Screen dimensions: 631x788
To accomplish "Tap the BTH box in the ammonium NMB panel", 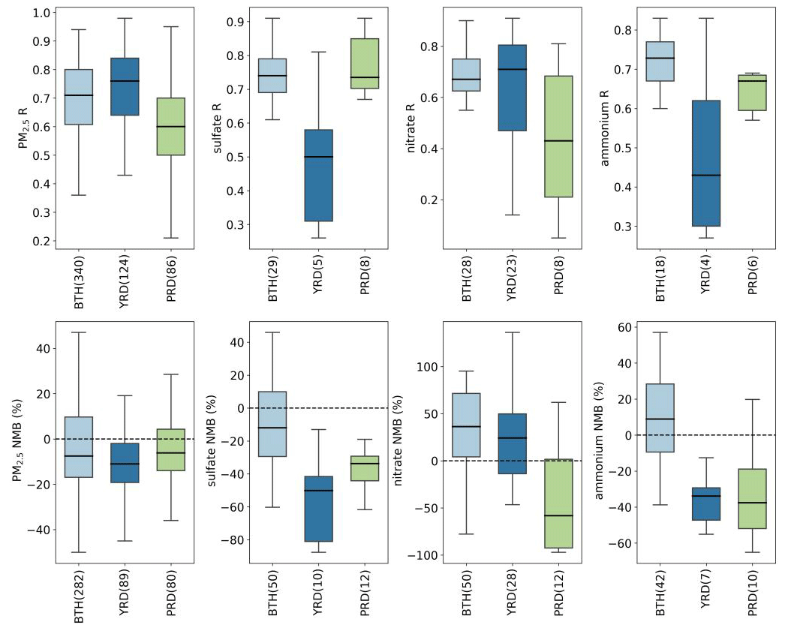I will click(x=660, y=418).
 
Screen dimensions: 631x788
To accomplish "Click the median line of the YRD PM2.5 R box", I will click(x=125, y=81).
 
